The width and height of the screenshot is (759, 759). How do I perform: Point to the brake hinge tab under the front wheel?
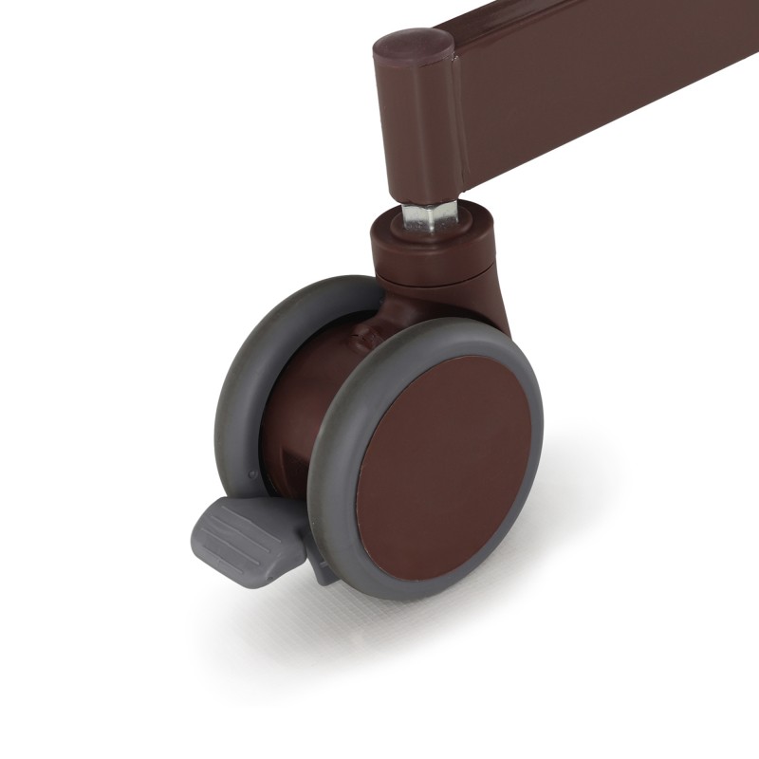[321, 567]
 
